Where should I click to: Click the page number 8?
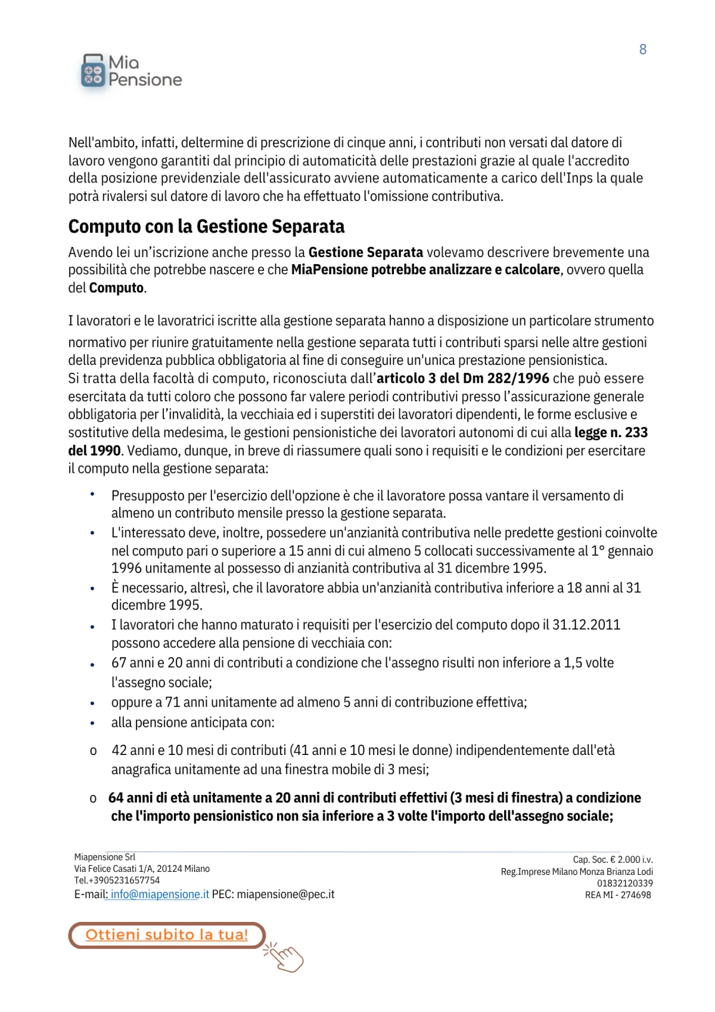pyautogui.click(x=643, y=49)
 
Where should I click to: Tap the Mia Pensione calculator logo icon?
pyautogui.click(x=92, y=72)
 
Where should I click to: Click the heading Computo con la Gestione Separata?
pyautogui.click(x=206, y=227)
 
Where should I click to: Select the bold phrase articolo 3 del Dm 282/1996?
pyautogui.click(x=463, y=379)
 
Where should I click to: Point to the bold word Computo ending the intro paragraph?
pyautogui.click(x=116, y=288)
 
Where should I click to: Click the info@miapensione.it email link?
pyautogui.click(x=160, y=895)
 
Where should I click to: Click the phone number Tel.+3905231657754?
pyautogui.click(x=117, y=880)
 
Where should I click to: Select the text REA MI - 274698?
pyautogui.click(x=618, y=895)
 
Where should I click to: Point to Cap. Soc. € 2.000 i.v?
pyautogui.click(x=613, y=860)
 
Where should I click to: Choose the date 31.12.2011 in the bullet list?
pyautogui.click(x=586, y=625)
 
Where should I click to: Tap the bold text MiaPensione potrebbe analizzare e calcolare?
pyautogui.click(x=425, y=270)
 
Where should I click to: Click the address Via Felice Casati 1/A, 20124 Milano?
pyautogui.click(x=142, y=869)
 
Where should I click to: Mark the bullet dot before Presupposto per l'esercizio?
pyautogui.click(x=92, y=494)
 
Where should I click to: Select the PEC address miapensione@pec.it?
pyautogui.click(x=285, y=895)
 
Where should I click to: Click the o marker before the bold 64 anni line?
pyautogui.click(x=93, y=799)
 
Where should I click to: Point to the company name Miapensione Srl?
pyautogui.click(x=105, y=857)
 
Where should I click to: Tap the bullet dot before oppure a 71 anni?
pyautogui.click(x=92, y=704)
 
